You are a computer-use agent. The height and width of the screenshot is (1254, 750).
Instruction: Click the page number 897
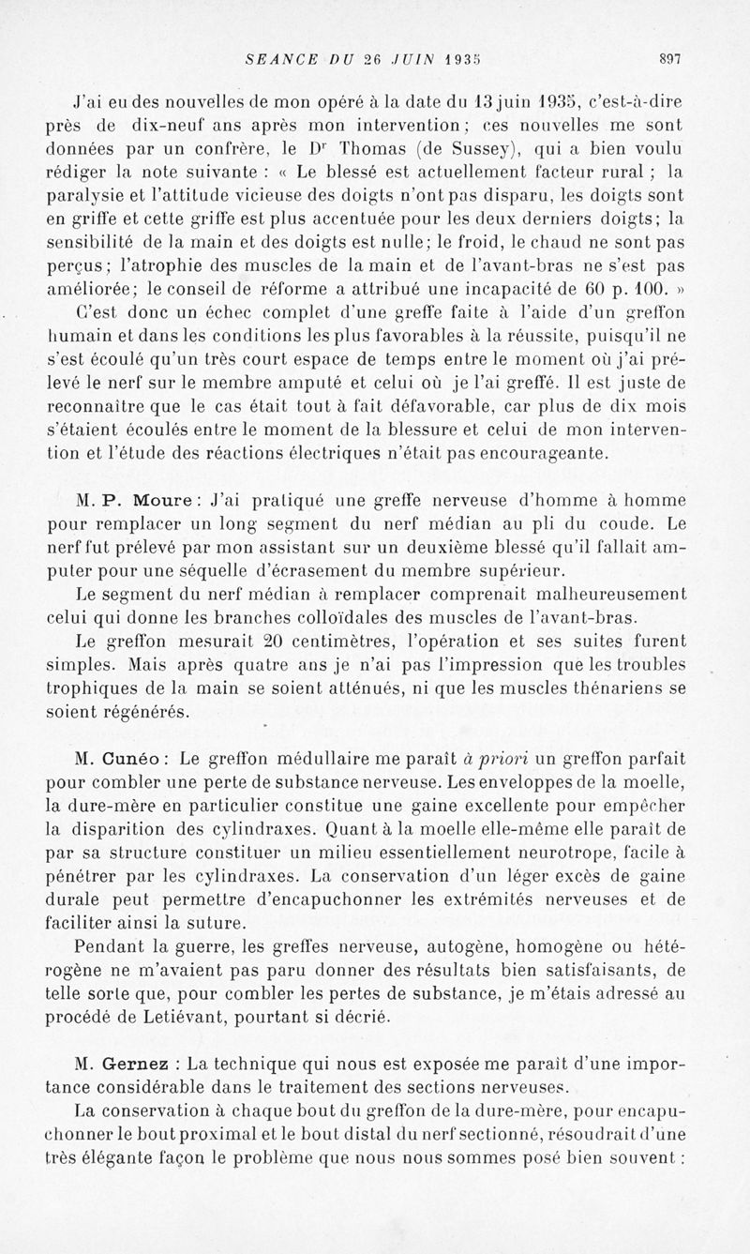[x=669, y=58]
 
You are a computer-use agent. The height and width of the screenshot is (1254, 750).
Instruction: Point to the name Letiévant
[x=199, y=1018]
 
